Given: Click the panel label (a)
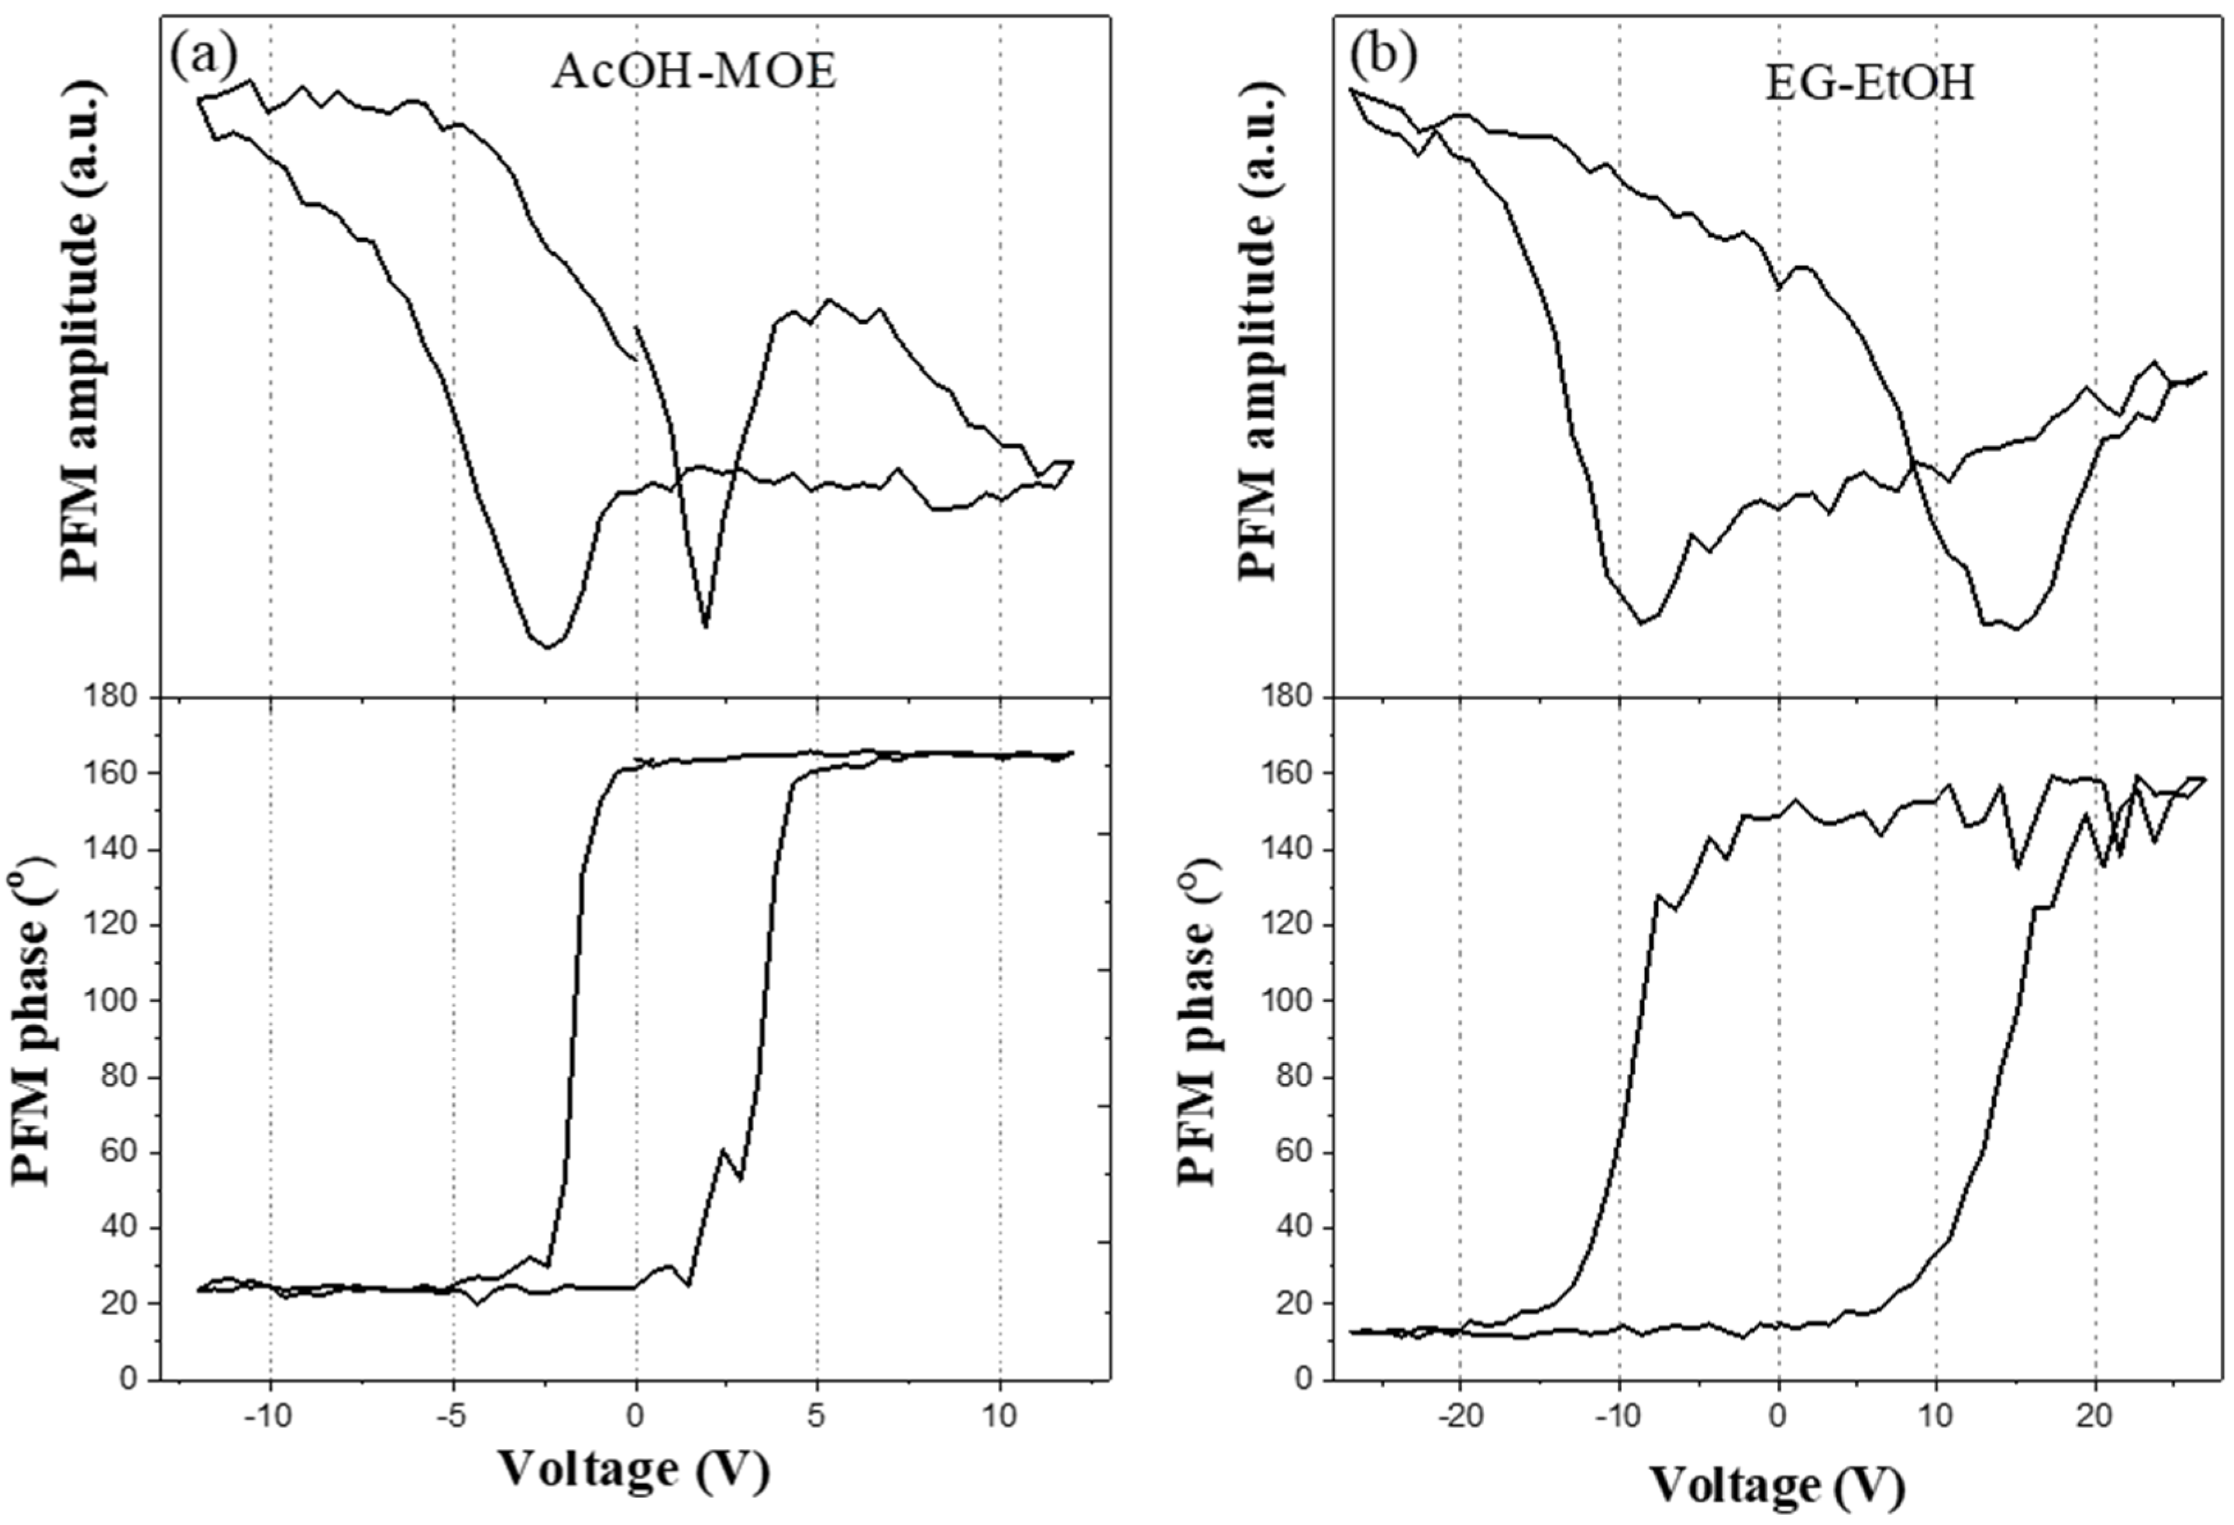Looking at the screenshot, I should (203, 56).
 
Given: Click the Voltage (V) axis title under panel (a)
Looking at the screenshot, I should (634, 1470).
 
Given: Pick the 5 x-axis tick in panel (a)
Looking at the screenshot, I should (817, 1417).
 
